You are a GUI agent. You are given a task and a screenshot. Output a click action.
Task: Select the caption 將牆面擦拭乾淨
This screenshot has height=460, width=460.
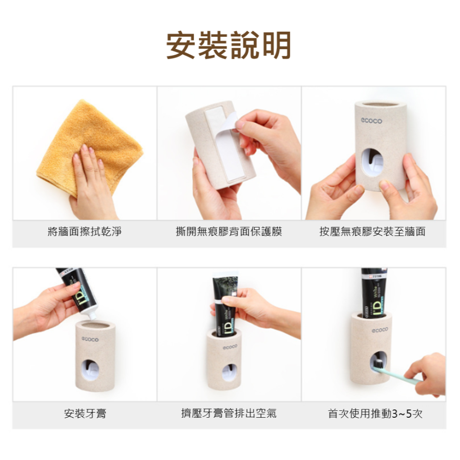coord(85,232)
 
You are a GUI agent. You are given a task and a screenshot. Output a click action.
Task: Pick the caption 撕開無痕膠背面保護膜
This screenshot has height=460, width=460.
coord(229,232)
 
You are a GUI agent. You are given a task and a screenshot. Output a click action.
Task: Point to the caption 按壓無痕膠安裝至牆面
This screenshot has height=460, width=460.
coord(373,232)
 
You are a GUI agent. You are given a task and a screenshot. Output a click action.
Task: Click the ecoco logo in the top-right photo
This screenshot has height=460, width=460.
coord(371,121)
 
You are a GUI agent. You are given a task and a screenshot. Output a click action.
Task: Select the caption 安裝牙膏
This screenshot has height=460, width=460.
coord(85,414)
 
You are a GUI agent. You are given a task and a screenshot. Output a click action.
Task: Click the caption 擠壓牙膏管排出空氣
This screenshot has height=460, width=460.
coord(229,414)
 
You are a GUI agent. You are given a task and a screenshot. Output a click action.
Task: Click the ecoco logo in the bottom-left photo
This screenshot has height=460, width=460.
coord(90,339)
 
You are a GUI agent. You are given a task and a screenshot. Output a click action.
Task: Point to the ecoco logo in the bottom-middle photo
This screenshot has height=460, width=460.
coord(230,347)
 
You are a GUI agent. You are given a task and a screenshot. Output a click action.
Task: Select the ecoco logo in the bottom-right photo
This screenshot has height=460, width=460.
coord(380,330)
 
